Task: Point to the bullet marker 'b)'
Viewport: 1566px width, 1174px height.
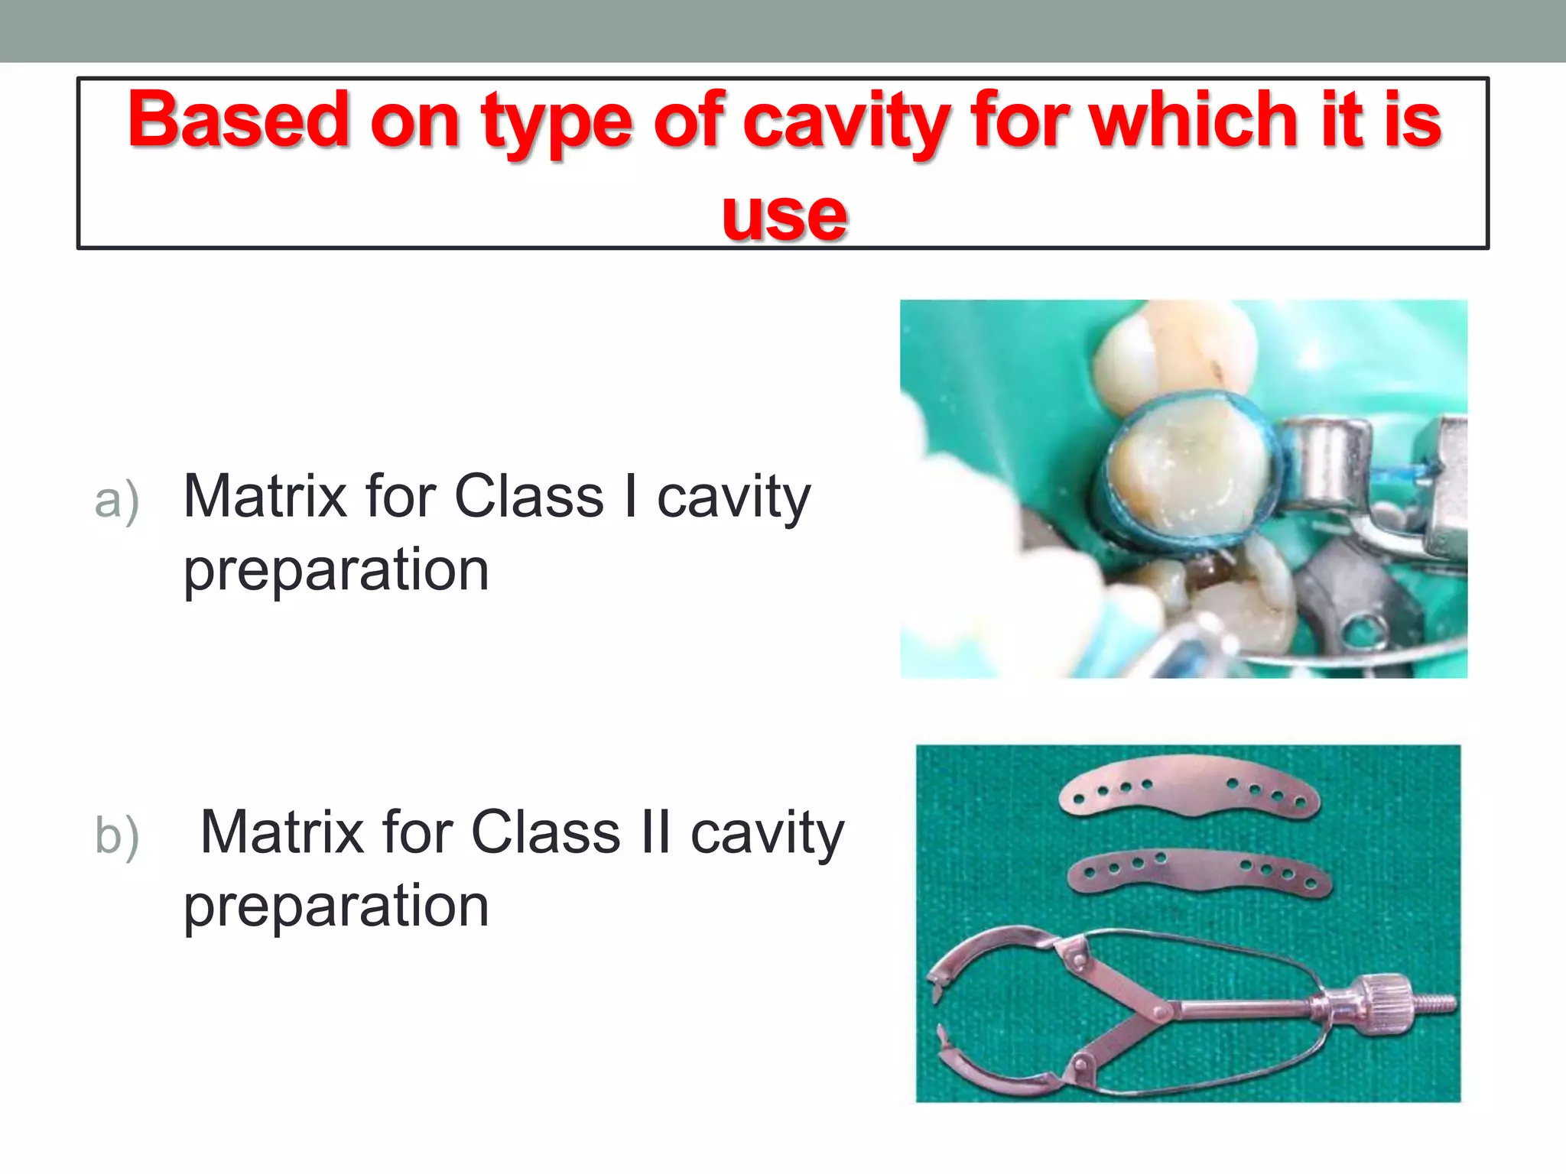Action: coord(116,836)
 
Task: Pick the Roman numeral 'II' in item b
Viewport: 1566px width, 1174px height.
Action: coord(655,833)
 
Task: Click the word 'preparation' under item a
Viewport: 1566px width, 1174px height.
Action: coord(336,570)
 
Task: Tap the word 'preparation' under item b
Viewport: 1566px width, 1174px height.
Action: coord(336,906)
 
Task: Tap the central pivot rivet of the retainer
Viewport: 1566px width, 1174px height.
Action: coord(1161,1012)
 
